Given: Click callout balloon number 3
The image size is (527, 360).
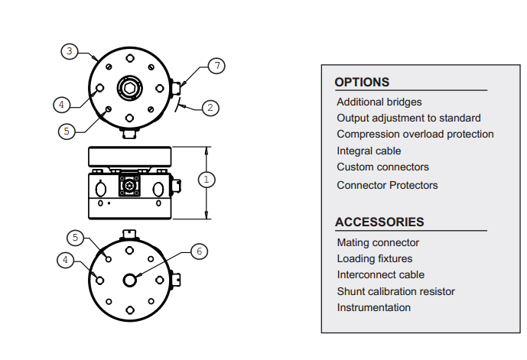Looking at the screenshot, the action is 70,51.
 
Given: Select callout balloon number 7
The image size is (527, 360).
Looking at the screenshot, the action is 216,66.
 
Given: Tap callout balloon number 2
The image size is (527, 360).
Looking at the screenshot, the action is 210,108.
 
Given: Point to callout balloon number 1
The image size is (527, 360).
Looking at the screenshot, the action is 207,180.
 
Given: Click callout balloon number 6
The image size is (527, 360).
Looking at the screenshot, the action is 200,251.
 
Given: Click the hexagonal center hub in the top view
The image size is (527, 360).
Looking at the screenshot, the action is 130,88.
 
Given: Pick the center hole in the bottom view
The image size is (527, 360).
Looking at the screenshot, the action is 130,280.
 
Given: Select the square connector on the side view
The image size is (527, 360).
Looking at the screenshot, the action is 129,186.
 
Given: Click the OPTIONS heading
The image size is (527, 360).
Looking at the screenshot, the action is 362,83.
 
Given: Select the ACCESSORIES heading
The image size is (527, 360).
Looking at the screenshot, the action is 379,222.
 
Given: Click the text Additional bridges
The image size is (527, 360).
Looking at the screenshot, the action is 379,102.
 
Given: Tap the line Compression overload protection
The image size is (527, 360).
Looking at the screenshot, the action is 415,134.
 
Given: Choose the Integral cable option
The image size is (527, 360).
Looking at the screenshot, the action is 369,151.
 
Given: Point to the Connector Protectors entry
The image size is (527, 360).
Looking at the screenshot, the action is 387,185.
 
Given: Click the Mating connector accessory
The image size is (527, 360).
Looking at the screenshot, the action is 378,242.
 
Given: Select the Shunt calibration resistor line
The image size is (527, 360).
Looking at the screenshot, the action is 396,291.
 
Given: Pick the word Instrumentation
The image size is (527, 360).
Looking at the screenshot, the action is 374,307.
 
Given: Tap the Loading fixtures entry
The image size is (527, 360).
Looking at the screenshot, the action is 375,258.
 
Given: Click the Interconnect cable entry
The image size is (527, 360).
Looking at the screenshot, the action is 381,274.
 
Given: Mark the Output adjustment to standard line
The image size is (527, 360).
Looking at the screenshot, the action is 408,118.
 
